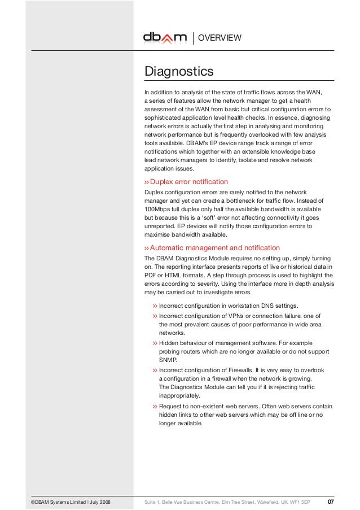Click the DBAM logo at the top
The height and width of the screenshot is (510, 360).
tap(164, 38)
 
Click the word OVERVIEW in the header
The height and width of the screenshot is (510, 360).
tap(222, 38)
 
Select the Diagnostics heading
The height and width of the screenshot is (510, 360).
tap(179, 72)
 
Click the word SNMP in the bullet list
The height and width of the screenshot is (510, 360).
tap(168, 359)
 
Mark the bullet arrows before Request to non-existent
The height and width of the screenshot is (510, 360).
tap(155, 407)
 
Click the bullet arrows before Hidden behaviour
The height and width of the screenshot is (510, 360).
tap(155, 343)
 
